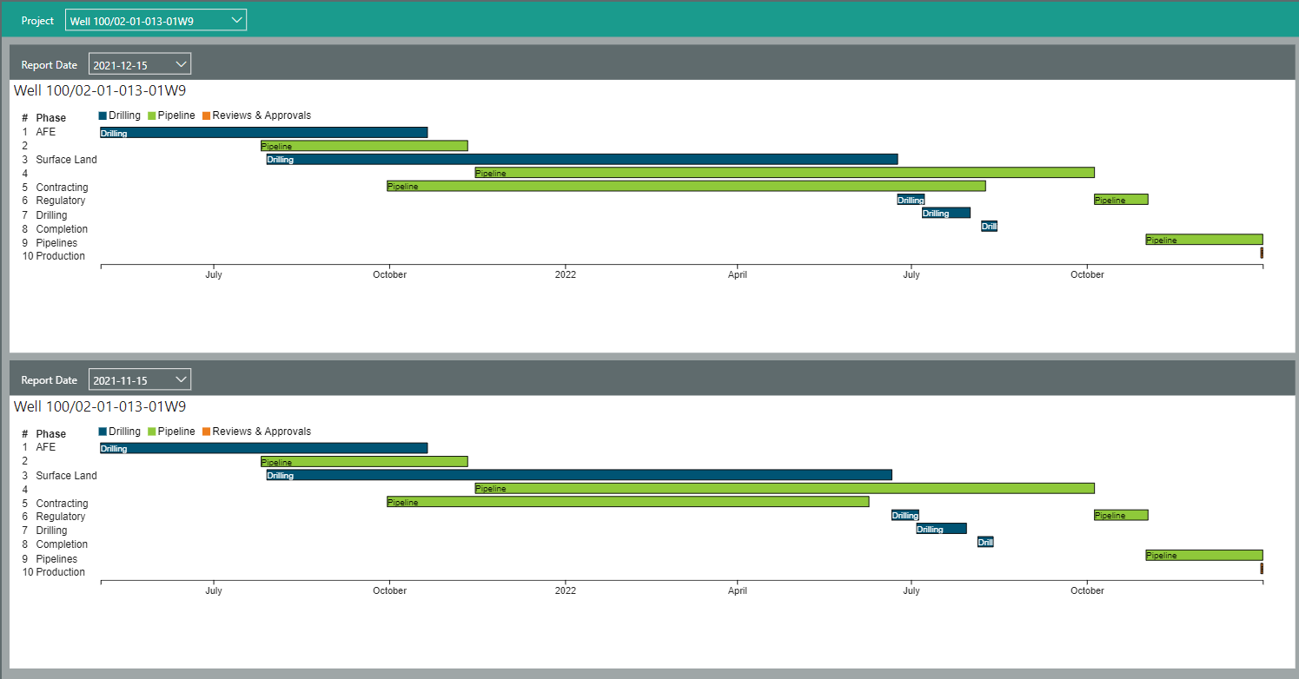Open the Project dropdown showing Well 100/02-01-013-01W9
156,21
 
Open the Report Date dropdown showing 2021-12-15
139,64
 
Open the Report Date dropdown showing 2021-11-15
139,379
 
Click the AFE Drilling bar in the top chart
263,133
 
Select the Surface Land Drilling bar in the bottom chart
579,475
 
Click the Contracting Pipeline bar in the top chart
686,186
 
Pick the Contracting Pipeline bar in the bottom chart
627,502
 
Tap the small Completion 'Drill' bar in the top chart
989,227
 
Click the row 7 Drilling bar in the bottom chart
941,529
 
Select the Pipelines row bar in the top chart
1203,240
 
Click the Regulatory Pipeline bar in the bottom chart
1121,515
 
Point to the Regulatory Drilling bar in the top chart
911,200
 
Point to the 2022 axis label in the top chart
565,274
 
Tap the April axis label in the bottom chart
738,590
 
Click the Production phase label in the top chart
60,256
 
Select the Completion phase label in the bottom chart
62,544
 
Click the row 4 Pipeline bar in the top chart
784,173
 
